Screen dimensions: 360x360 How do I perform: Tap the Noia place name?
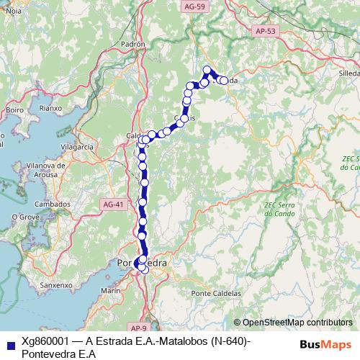click(x=13, y=12)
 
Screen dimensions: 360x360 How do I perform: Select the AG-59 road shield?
click(x=194, y=6)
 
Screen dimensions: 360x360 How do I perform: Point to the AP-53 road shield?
click(x=266, y=32)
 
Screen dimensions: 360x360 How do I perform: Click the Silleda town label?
click(x=348, y=74)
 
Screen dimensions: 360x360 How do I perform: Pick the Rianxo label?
click(x=51, y=108)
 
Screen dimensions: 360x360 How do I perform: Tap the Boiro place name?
click(x=14, y=110)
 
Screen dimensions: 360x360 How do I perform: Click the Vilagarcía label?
click(x=78, y=146)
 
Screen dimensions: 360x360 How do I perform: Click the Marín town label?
click(x=110, y=290)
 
